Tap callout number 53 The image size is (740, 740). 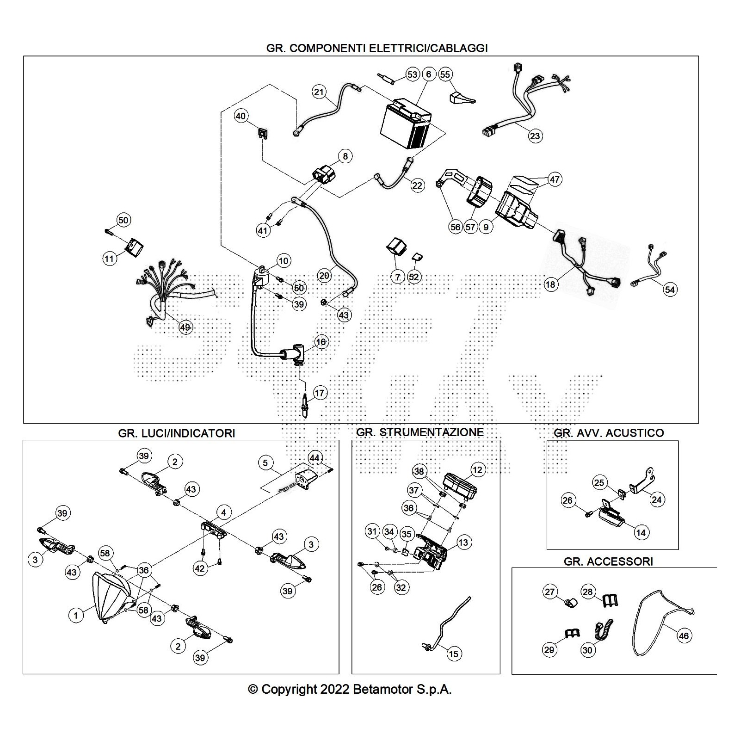(412, 74)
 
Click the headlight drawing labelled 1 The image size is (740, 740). (111, 597)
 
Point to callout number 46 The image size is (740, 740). (684, 636)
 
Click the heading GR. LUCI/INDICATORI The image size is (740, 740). (176, 433)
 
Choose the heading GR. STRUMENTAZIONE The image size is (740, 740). (420, 432)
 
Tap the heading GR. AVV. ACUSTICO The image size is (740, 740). (609, 433)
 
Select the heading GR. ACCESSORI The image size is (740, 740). (608, 561)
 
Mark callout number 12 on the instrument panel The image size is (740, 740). (477, 470)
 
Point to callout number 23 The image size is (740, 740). (535, 136)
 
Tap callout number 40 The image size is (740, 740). (241, 116)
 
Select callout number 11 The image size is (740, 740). (109, 259)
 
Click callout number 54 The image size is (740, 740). (670, 290)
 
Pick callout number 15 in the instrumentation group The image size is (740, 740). (454, 654)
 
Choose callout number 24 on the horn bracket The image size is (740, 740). (657, 499)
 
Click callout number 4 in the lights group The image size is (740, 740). (224, 512)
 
